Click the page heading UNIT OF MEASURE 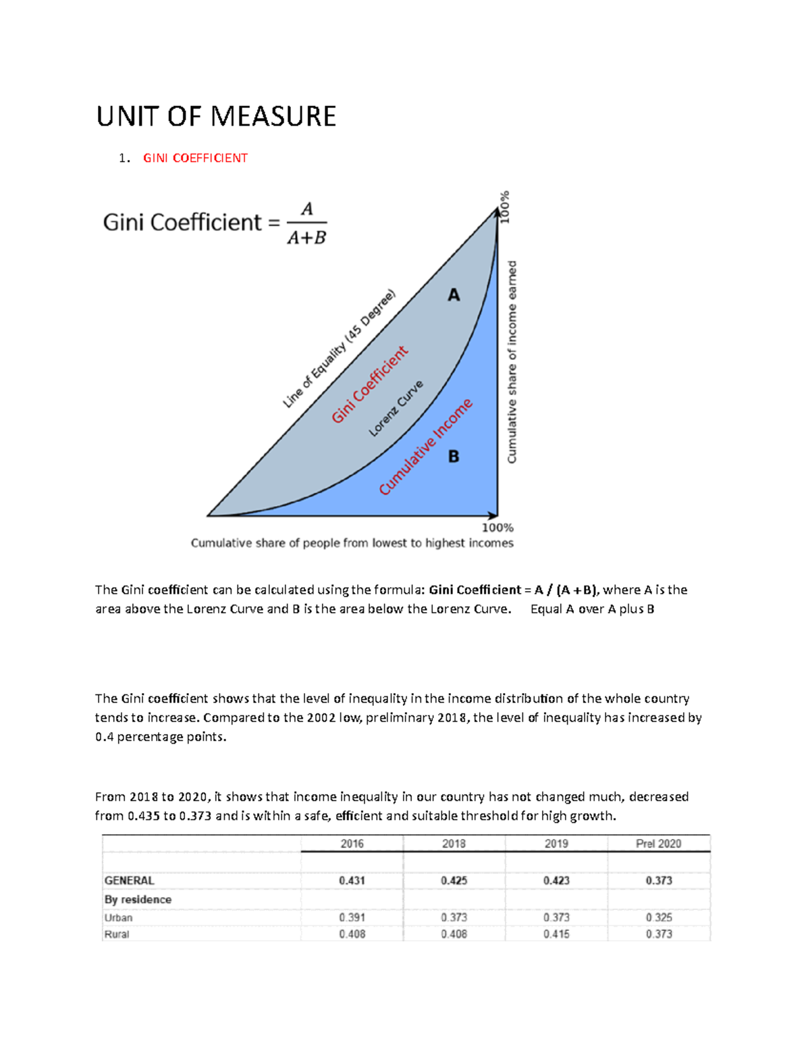pyautogui.click(x=216, y=116)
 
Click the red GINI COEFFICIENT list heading pyautogui.click(x=195, y=158)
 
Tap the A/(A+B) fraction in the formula pyautogui.click(x=306, y=223)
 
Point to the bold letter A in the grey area pyautogui.click(x=454, y=295)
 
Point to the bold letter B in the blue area pyautogui.click(x=454, y=457)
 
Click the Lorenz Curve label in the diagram pyautogui.click(x=396, y=408)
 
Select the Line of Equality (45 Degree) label pyautogui.click(x=339, y=349)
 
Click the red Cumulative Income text pyautogui.click(x=425, y=447)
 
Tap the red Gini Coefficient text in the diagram pyautogui.click(x=369, y=384)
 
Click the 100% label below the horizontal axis pyautogui.click(x=497, y=528)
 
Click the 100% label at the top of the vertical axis pyautogui.click(x=505, y=207)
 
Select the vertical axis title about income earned pyautogui.click(x=512, y=362)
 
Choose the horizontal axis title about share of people pyautogui.click(x=352, y=543)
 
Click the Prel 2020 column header pyautogui.click(x=658, y=844)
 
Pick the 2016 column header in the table pyautogui.click(x=352, y=844)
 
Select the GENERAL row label pyautogui.click(x=129, y=881)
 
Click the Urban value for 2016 pyautogui.click(x=352, y=917)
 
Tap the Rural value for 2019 pyautogui.click(x=556, y=934)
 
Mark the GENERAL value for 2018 pyautogui.click(x=454, y=881)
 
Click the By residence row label pyautogui.click(x=138, y=900)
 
